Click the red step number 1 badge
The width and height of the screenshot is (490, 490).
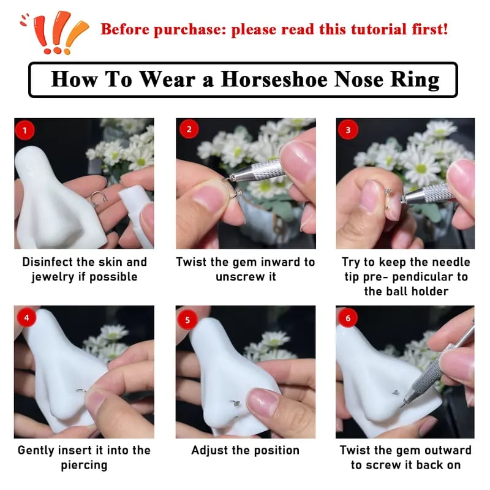[x=24, y=130]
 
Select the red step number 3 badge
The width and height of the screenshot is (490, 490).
[x=349, y=130]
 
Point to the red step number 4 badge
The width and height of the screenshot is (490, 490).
[x=24, y=318]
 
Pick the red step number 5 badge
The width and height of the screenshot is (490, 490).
[x=187, y=318]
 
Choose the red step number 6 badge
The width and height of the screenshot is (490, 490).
[x=349, y=318]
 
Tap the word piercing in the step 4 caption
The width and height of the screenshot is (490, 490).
[x=84, y=466]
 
